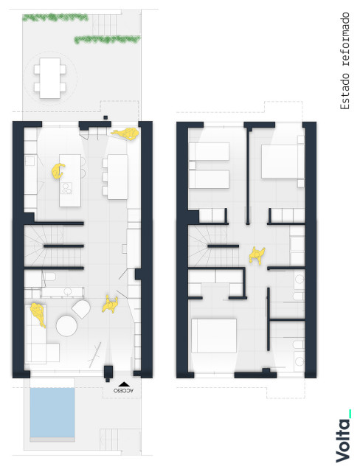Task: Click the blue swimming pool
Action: tap(52, 412)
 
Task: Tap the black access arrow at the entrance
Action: tap(124, 384)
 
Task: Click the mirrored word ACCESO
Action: tap(123, 390)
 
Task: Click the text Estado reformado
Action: tap(345, 61)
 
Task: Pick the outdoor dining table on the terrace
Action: tap(50, 78)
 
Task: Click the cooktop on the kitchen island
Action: tap(66, 188)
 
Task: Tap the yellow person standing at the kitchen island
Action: tap(58, 171)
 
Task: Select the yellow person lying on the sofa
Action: tap(38, 315)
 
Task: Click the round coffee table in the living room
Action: tap(66, 326)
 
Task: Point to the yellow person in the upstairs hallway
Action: tap(257, 256)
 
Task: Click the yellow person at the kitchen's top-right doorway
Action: tap(125, 133)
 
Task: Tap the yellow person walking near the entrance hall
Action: tap(110, 305)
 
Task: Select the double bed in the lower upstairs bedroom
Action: tap(214, 336)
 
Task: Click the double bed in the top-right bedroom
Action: tap(283, 162)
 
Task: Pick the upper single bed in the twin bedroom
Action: tap(209, 151)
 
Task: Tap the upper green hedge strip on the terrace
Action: tap(55, 18)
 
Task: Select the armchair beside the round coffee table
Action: tap(81, 309)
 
